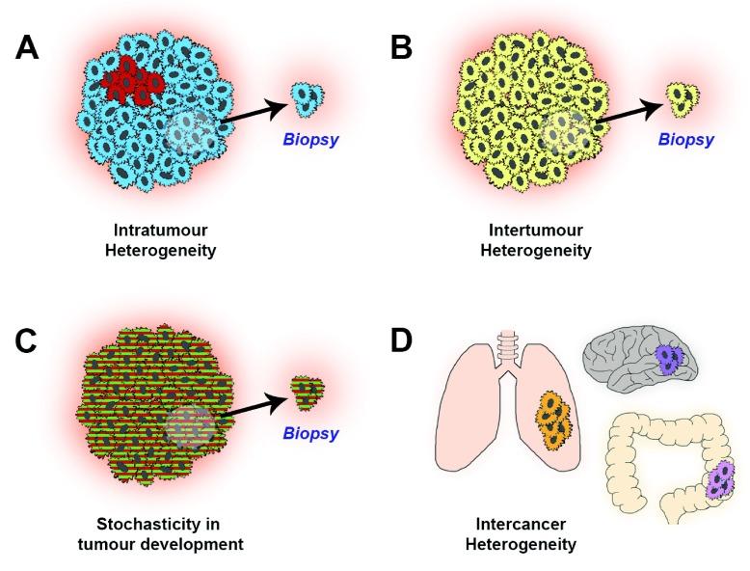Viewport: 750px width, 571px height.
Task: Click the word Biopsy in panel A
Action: click(310, 140)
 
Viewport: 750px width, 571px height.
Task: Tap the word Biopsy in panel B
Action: click(685, 140)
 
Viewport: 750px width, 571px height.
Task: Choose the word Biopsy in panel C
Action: click(310, 434)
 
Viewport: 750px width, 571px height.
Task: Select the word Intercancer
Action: click(520, 526)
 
